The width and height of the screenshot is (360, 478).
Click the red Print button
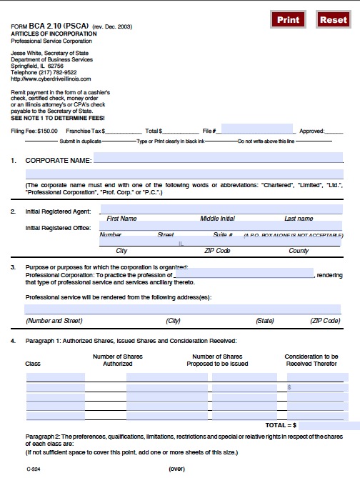click(x=289, y=20)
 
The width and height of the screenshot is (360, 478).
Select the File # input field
click(x=257, y=129)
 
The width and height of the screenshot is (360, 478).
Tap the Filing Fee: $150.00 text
click(x=35, y=131)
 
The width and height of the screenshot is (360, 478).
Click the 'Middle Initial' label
click(x=217, y=219)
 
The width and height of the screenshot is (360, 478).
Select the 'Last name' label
click(x=299, y=219)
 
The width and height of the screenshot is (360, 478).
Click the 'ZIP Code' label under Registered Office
click(x=217, y=251)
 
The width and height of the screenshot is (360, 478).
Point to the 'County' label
click(x=299, y=251)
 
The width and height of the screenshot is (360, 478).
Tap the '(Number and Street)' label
click(x=54, y=321)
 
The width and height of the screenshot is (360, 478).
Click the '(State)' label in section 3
click(x=264, y=321)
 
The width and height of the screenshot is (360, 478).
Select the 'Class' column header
click(x=33, y=364)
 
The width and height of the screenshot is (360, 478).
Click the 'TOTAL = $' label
click(x=281, y=424)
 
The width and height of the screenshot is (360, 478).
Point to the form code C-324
click(x=34, y=469)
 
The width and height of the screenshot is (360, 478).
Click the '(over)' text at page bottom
click(x=176, y=469)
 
